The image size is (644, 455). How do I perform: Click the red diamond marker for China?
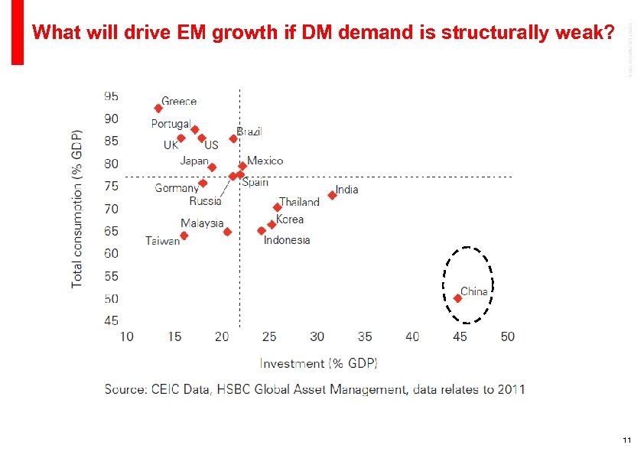tap(457, 298)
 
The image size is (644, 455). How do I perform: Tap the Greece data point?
tap(158, 109)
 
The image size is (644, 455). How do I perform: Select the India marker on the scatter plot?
tap(332, 195)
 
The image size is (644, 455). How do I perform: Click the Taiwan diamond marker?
tap(184, 236)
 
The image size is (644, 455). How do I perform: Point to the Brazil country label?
tap(249, 132)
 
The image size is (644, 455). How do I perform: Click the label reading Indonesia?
tap(287, 240)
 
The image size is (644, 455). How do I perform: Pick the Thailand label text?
tap(299, 202)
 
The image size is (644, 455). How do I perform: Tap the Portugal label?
tap(171, 124)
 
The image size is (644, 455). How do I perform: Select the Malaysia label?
tap(202, 223)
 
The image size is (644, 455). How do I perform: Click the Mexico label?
tap(265, 161)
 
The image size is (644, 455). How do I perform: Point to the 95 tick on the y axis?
tap(111, 96)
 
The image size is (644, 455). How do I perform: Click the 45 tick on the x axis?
tap(460, 336)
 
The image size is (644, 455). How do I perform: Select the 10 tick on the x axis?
tap(126, 336)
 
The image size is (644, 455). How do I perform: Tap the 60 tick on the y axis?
tap(111, 253)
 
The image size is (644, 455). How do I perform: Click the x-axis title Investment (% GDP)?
tap(318, 362)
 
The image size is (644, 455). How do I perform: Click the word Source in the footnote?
tap(125, 389)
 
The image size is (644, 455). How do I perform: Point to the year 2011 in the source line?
tap(510, 389)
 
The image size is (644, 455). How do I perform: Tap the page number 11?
tap(626, 440)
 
